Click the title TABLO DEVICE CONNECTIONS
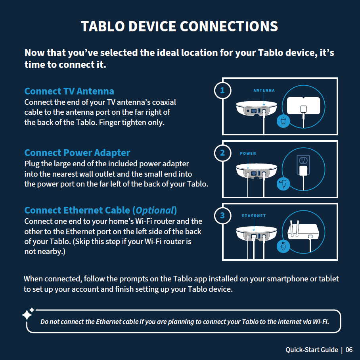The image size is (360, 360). coord(179,27)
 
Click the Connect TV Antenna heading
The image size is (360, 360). coord(69,91)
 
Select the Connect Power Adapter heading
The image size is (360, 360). coord(77,153)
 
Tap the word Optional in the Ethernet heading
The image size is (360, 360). coord(155,210)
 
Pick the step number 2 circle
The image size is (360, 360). coord(222,153)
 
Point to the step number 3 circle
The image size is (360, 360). coord(222,215)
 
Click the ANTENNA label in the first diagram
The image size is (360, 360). coord(264,90)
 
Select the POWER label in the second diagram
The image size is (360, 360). coord(248,154)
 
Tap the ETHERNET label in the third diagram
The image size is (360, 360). coord(254,216)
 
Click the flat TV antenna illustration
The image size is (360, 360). coord(303,106)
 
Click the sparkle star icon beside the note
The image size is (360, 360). coord(28,314)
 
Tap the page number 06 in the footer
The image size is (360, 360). coord(349,350)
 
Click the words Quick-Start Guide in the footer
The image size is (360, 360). coord(312,350)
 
